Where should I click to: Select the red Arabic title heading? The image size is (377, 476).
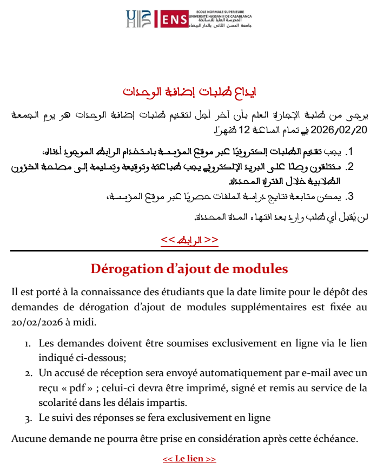coord(189,91)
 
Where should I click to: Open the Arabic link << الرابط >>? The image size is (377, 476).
coord(189,240)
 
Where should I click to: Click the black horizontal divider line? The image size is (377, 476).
coord(189,250)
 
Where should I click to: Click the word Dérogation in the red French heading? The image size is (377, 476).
coord(123,268)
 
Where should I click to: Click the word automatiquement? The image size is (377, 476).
coord(241,373)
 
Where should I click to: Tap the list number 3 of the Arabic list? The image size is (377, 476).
coord(350,196)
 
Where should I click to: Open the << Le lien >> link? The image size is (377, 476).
coord(189,459)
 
